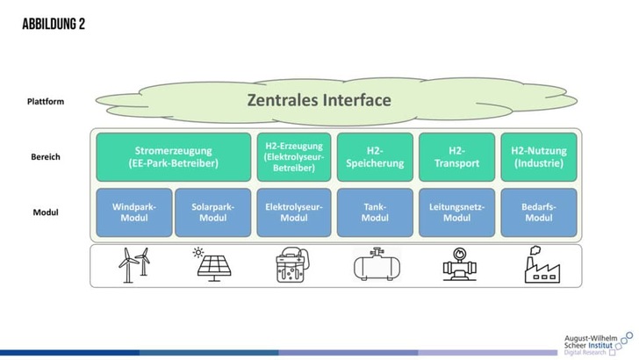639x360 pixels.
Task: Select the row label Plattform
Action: coord(46,101)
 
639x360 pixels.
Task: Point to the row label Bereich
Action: coord(45,159)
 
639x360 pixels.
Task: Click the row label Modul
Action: coord(46,212)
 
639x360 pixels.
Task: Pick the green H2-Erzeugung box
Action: coord(294,157)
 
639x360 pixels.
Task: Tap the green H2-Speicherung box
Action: coord(375,157)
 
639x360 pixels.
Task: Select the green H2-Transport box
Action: coord(456,157)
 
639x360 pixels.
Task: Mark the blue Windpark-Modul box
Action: coord(133,212)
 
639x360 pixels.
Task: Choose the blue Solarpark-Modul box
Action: coord(213,212)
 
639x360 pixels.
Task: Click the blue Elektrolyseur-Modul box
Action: coord(294,212)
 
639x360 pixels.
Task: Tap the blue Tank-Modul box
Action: coord(375,212)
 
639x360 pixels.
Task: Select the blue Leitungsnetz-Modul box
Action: coord(456,212)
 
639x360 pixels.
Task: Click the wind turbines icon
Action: coord(133,265)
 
